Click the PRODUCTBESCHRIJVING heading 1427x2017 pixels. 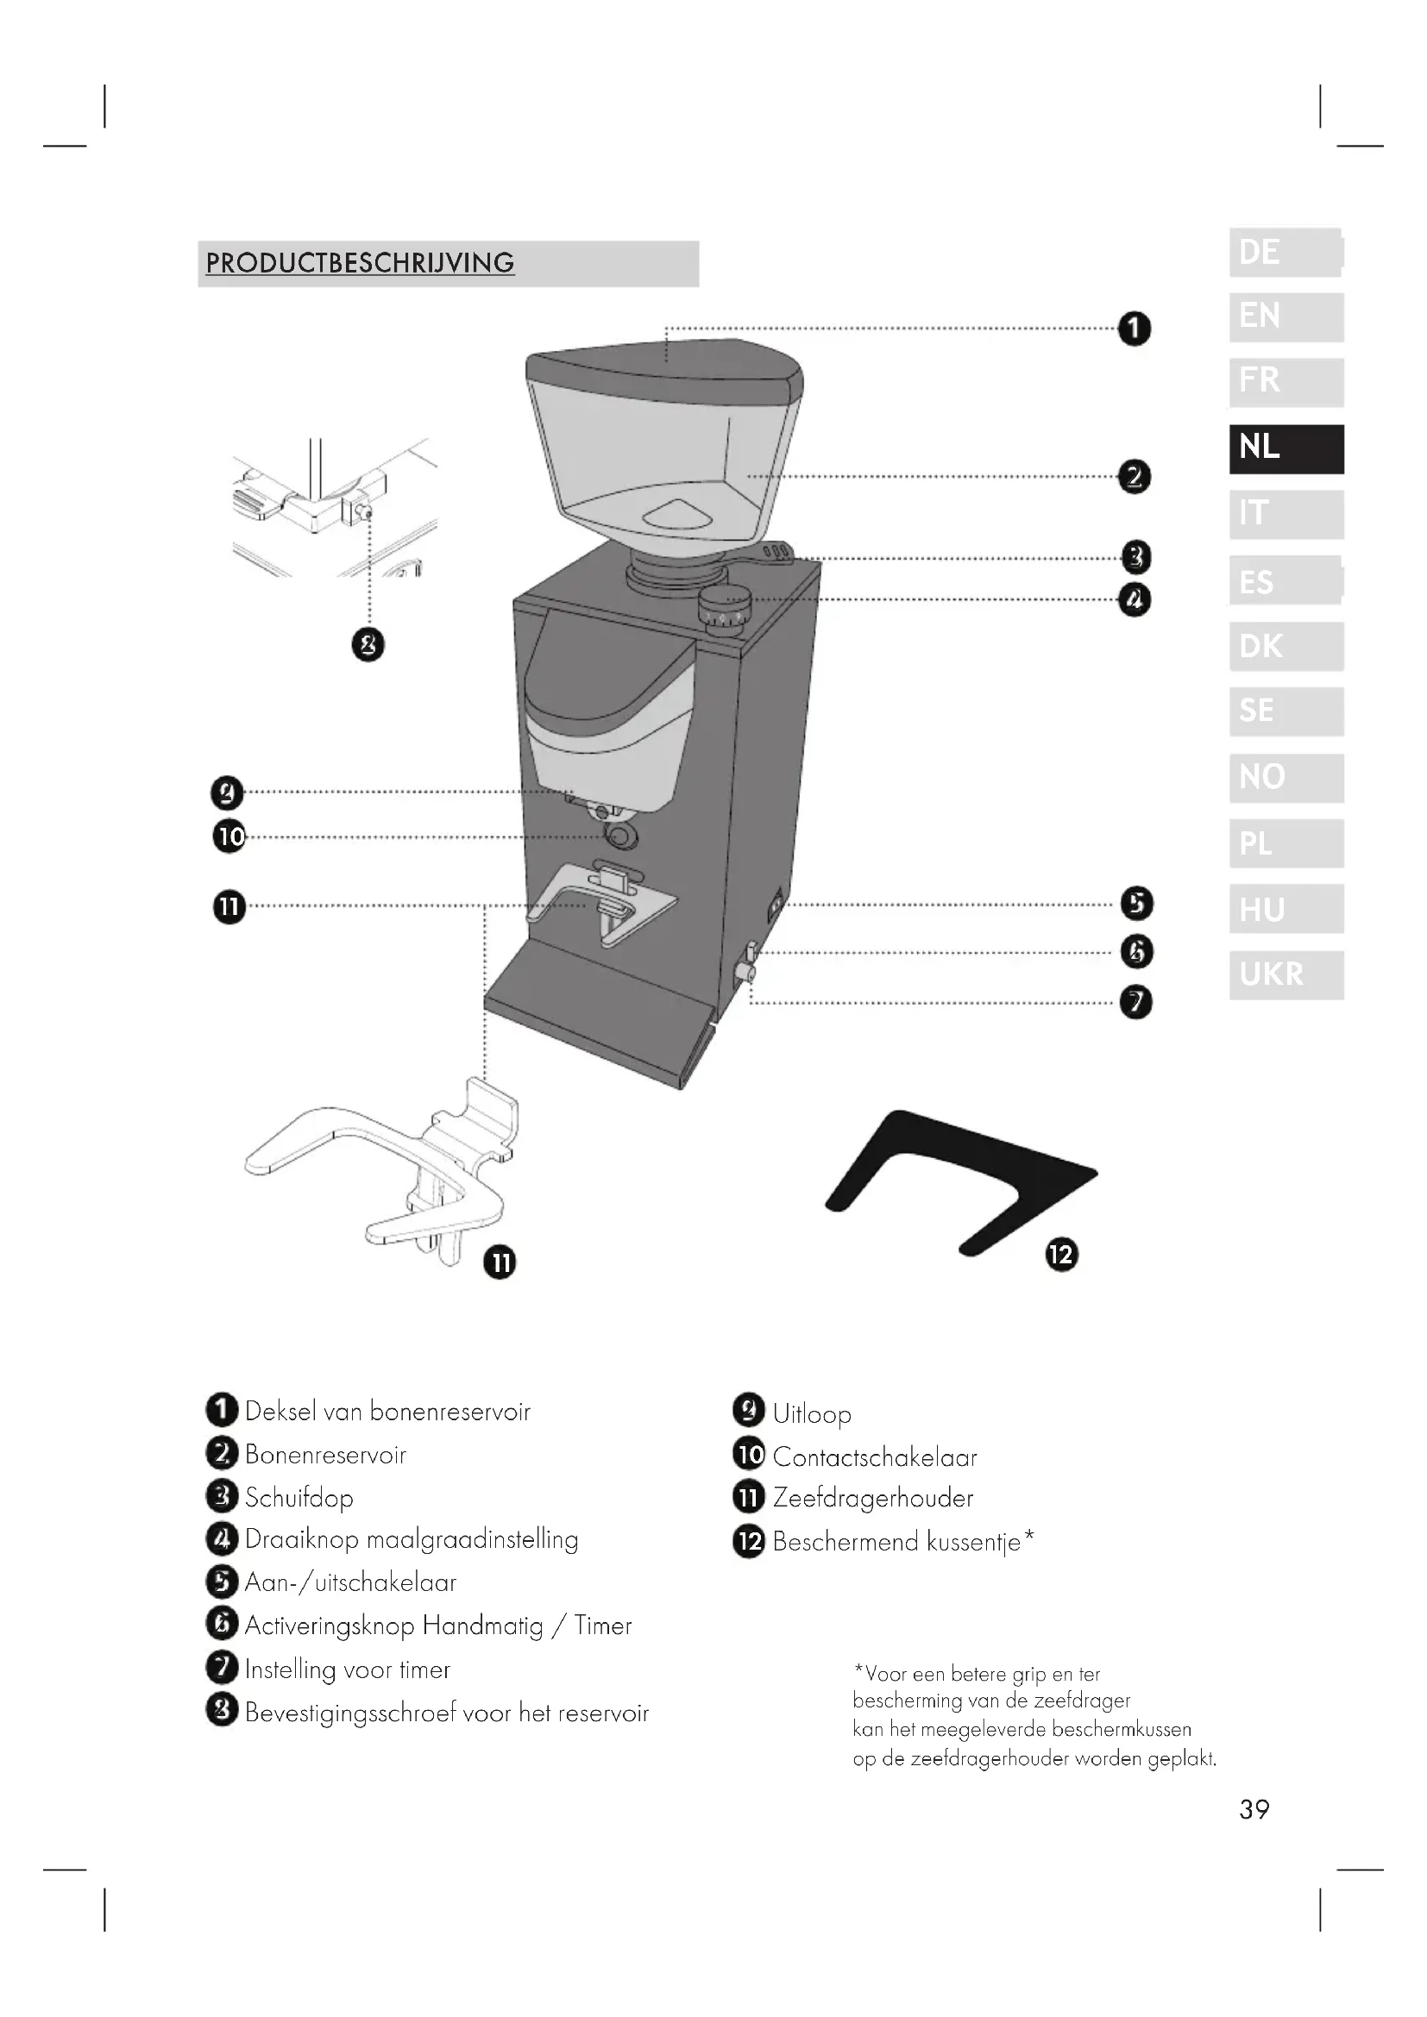point(360,263)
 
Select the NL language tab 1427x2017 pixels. point(1286,448)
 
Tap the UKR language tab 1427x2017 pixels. point(1286,974)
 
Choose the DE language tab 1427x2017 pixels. point(1286,252)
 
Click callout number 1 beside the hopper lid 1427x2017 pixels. point(1135,329)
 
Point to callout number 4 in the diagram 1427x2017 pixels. point(1135,600)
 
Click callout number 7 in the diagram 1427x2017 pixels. point(1136,1002)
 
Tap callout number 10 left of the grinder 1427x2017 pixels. point(229,836)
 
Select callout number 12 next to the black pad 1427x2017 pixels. point(1061,1255)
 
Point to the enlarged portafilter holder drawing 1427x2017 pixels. point(387,1168)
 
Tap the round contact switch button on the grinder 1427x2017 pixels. point(621,836)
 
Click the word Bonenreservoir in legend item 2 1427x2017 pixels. point(325,1455)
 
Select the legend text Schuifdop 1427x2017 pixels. point(299,1498)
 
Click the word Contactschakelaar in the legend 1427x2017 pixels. point(874,1457)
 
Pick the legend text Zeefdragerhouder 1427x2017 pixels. point(872,1499)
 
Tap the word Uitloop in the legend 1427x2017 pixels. point(812,1414)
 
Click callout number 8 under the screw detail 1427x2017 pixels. point(368,646)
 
